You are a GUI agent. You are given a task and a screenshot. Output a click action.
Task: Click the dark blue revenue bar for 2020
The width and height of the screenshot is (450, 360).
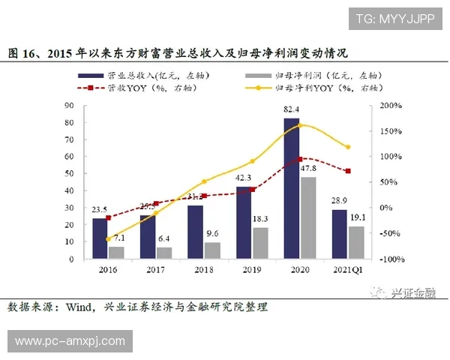[x=291, y=187]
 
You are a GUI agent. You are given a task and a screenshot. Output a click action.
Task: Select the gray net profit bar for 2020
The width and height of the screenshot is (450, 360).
[x=307, y=217]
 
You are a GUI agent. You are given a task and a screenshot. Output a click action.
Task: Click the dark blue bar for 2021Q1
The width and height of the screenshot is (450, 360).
[x=339, y=233]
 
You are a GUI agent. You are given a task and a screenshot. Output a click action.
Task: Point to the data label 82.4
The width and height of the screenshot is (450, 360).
[x=292, y=111]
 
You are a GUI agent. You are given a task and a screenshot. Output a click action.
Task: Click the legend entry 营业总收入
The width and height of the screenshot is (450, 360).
[x=147, y=76]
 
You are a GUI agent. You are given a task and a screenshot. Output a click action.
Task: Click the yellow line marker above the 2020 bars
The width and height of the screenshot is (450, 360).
[x=300, y=124]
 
